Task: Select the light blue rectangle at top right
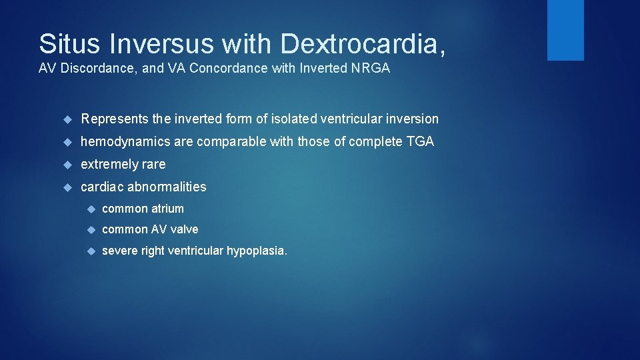[x=565, y=30]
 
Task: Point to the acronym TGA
[x=421, y=142]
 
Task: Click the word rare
[x=153, y=165]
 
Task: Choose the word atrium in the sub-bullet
[x=167, y=209]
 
